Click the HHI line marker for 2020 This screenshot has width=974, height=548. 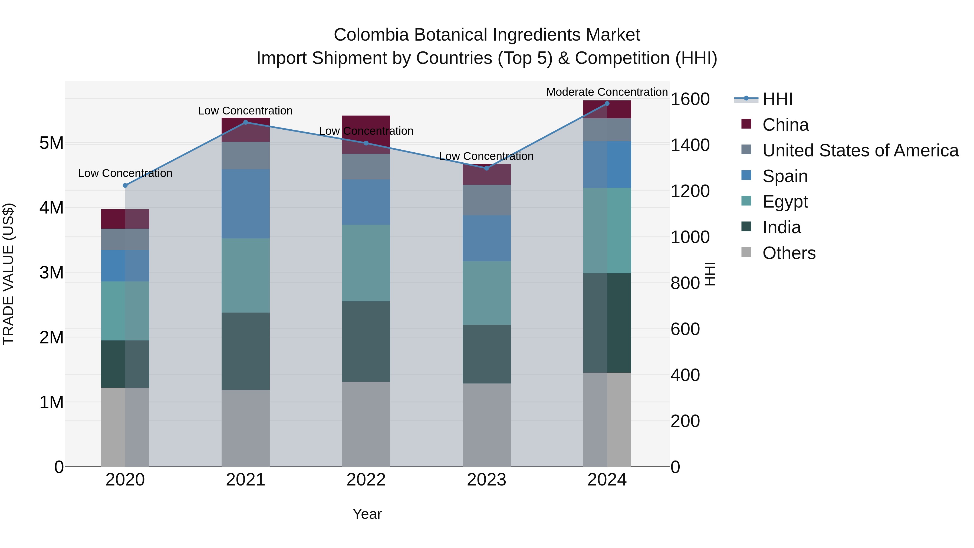(125, 185)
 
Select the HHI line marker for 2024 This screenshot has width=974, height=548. (607, 104)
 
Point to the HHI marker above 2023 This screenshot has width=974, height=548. (487, 168)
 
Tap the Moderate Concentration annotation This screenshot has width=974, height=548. (607, 92)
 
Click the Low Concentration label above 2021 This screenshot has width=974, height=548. (245, 111)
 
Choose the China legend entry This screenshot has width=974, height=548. (785, 125)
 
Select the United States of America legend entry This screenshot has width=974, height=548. (860, 150)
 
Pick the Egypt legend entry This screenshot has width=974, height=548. (785, 202)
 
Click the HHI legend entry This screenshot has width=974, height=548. (777, 99)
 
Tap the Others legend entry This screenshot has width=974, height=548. (789, 253)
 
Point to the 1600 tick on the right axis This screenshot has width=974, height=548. (690, 99)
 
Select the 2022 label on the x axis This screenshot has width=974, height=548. (366, 480)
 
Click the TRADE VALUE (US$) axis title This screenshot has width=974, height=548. (8, 274)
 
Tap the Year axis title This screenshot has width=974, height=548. (367, 514)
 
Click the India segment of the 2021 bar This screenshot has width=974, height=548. (245, 351)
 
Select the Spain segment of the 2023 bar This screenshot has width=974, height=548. (487, 238)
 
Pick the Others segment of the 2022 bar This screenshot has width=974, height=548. (366, 424)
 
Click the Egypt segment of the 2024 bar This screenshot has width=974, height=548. (607, 230)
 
